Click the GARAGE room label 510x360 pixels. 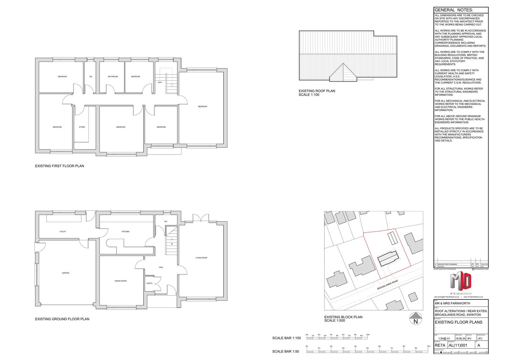point(65,273)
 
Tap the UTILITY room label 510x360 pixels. point(63,232)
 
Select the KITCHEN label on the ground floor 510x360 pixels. point(126,232)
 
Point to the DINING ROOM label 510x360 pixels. point(120,281)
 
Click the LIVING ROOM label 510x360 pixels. point(201,258)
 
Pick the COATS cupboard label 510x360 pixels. point(149,283)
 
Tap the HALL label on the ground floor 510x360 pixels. point(161,267)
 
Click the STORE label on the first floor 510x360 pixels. point(82,127)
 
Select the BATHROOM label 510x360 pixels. point(113,76)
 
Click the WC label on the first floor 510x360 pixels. point(91,76)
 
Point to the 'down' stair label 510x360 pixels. point(160,82)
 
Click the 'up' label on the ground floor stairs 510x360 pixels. point(172,244)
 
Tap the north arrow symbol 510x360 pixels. point(415,319)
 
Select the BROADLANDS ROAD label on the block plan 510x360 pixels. point(388,285)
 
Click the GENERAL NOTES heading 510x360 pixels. point(454,10)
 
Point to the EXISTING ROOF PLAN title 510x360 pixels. point(317,91)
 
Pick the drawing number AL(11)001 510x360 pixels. point(458,345)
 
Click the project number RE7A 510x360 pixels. point(440,345)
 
